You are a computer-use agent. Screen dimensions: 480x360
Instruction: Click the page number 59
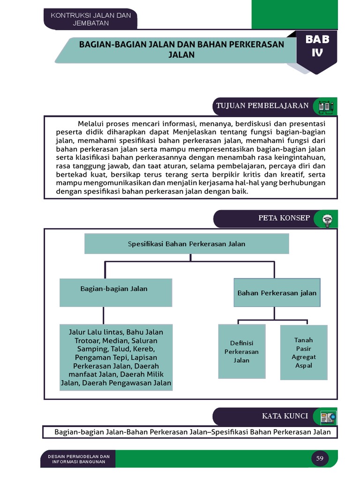(x=320, y=458)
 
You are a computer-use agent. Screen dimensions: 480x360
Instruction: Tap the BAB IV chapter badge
(x=317, y=46)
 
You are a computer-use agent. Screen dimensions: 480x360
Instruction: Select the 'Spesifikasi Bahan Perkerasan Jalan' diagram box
(x=187, y=244)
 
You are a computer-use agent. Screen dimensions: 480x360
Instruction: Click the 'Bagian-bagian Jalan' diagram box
(x=115, y=292)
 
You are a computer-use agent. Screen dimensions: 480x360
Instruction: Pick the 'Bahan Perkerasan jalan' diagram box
(x=277, y=293)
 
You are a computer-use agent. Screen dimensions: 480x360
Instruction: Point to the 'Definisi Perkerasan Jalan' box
(x=242, y=352)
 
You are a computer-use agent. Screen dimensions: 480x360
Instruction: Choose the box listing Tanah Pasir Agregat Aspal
(x=303, y=352)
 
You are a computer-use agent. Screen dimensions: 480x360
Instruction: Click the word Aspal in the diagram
(x=303, y=366)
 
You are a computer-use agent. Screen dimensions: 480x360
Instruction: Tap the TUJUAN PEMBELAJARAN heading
(x=262, y=105)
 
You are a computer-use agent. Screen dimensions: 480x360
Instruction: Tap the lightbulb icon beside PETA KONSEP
(x=327, y=219)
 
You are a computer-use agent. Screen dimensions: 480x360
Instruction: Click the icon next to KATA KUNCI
(x=327, y=416)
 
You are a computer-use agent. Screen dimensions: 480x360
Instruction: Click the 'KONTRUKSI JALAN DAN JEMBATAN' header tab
(x=90, y=19)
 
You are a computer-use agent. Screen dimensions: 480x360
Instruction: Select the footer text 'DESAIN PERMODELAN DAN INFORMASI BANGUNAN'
(x=78, y=459)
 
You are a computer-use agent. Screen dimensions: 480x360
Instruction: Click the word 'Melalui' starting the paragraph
(x=91, y=124)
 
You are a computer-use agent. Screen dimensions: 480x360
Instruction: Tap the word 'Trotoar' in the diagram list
(x=86, y=341)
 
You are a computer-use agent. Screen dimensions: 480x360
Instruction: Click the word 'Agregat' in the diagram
(x=303, y=357)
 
